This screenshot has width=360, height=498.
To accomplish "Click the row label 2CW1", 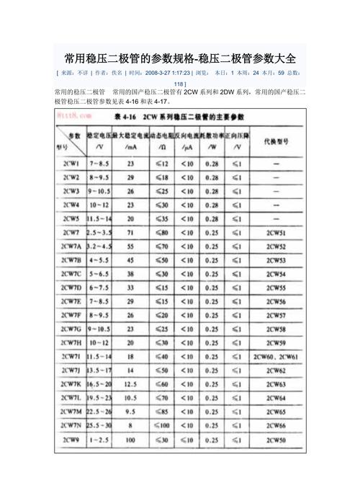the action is coord(71,164).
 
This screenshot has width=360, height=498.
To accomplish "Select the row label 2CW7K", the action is coord(71,383).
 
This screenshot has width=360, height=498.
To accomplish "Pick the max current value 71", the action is coord(130,233).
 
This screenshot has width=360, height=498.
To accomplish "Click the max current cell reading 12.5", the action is coord(130,383).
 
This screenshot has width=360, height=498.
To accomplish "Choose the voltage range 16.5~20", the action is coord(99,383).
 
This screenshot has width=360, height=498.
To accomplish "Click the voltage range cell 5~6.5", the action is coord(99,274).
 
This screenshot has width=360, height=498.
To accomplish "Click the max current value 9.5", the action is coord(130,411).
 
